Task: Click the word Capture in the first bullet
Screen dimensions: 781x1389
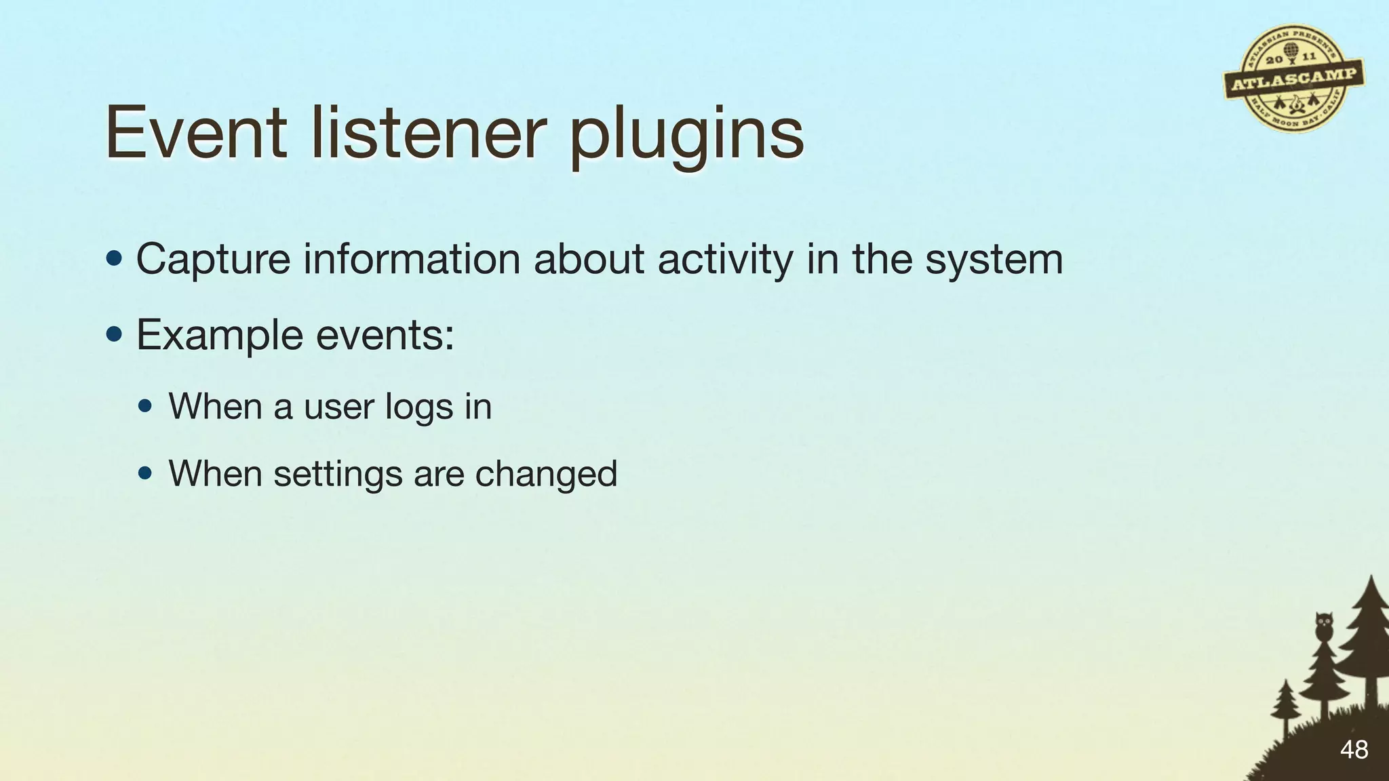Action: click(213, 260)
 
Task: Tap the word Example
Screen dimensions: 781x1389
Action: click(219, 336)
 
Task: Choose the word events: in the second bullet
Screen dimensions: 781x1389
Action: click(385, 336)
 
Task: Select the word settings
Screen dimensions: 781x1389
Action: click(338, 474)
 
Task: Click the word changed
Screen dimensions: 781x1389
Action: click(546, 473)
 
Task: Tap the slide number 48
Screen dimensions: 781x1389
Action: click(1354, 750)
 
